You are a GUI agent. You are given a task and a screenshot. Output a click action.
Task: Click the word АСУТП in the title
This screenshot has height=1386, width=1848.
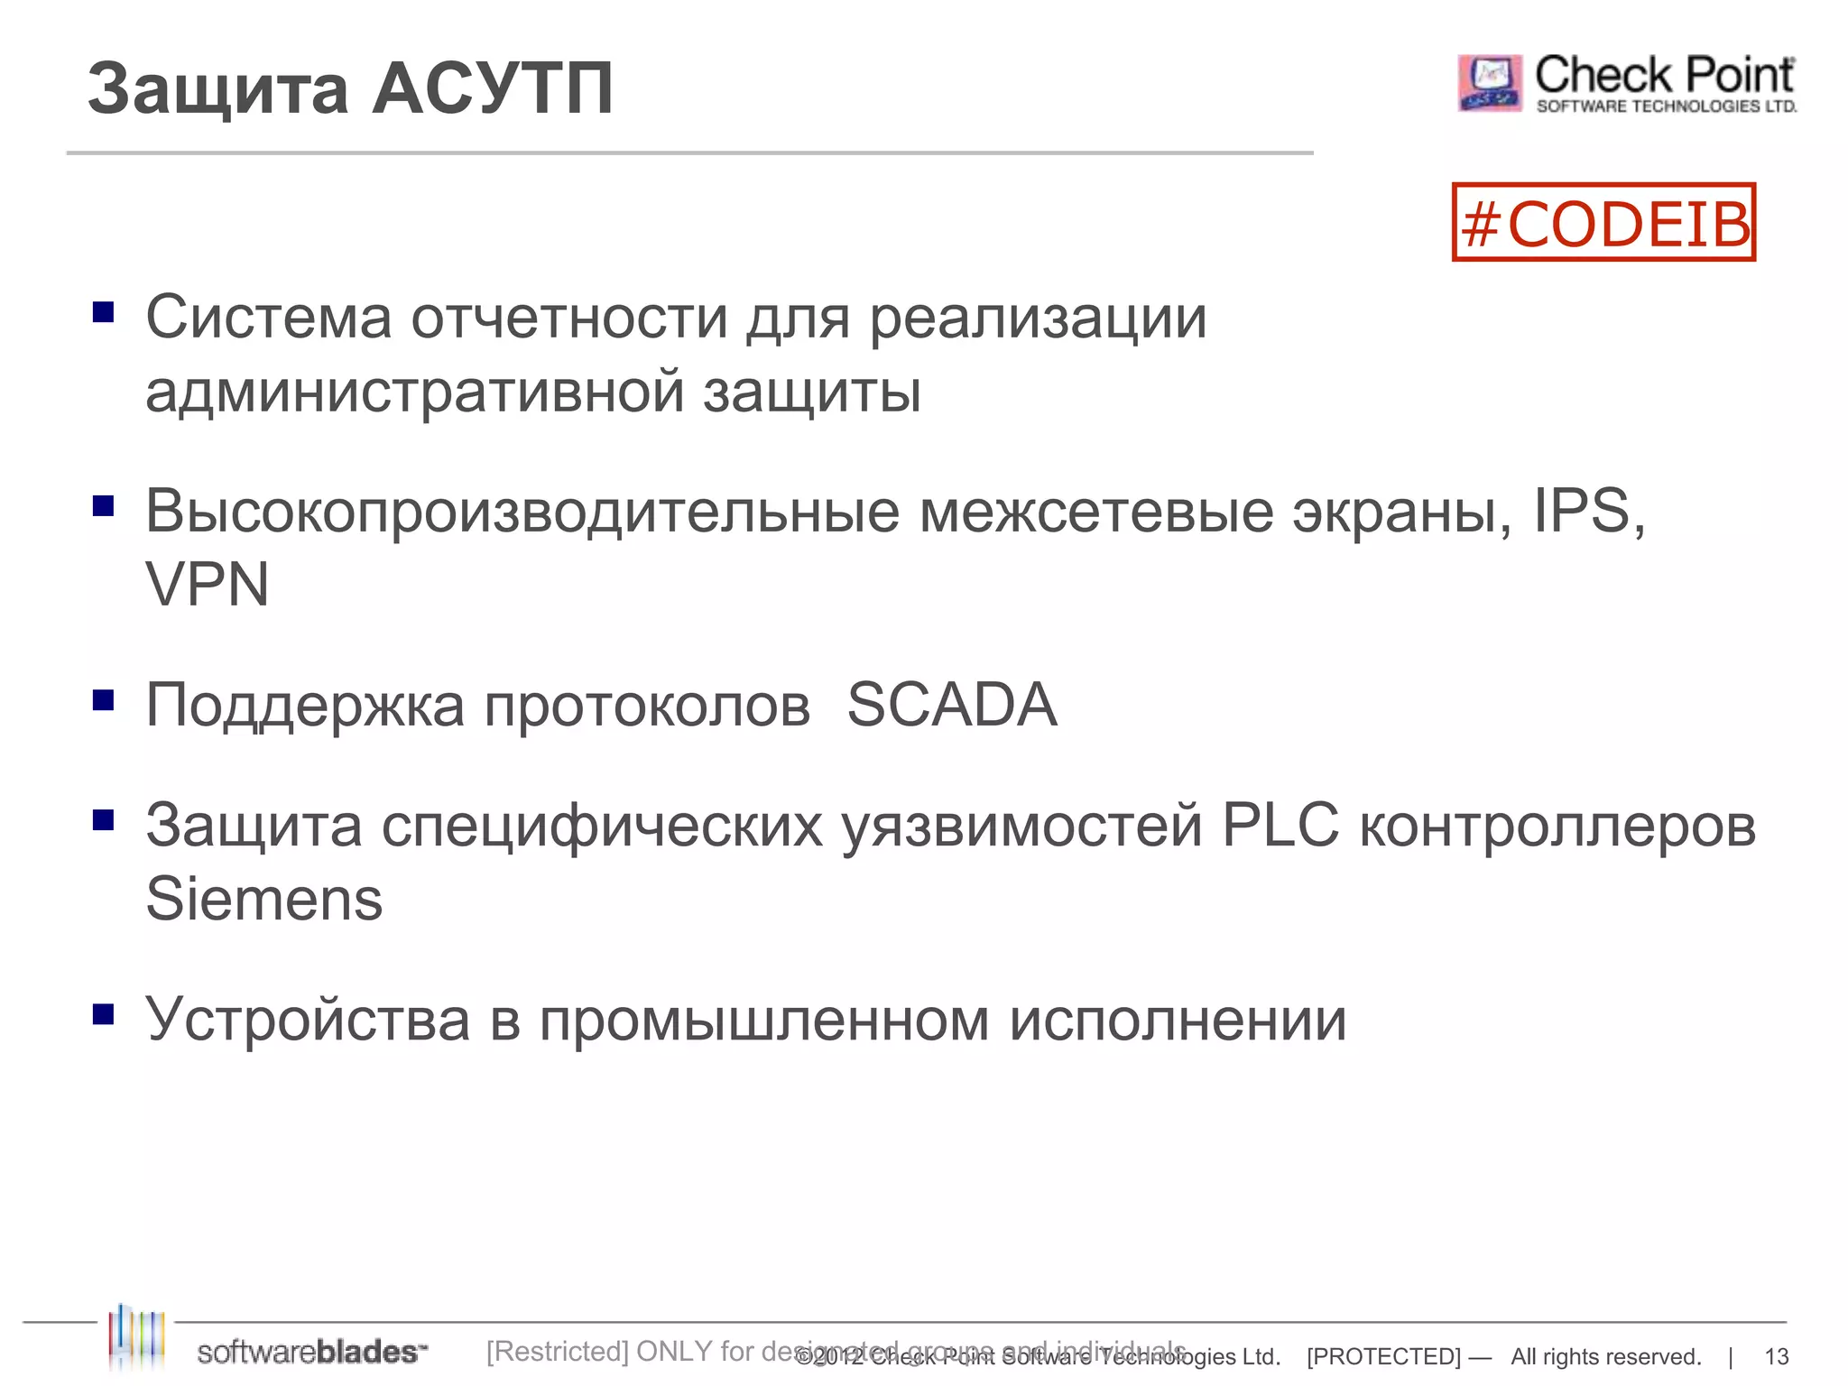[493, 88]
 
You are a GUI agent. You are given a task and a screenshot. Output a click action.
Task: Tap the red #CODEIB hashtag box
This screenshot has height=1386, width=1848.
[1603, 223]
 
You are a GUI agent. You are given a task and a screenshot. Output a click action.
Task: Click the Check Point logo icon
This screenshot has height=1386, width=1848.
[1490, 83]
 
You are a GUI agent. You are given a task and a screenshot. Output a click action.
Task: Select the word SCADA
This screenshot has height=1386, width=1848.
[951, 705]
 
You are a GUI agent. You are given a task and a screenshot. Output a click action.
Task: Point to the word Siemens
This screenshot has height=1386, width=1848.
[264, 900]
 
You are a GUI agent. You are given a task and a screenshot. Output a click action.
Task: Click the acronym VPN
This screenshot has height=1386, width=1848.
[208, 585]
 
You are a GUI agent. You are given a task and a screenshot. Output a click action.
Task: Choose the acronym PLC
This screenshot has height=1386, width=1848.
[1280, 825]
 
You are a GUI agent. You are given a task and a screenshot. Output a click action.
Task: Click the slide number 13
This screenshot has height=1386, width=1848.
[1776, 1356]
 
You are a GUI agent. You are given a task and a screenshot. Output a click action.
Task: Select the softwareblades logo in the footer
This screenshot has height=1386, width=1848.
[271, 1345]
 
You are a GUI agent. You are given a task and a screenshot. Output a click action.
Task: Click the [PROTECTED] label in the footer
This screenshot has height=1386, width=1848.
[1383, 1356]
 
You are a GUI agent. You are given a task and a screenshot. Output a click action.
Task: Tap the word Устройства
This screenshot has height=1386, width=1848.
[308, 1020]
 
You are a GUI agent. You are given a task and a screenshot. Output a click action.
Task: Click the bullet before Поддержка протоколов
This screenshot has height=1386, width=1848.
[104, 700]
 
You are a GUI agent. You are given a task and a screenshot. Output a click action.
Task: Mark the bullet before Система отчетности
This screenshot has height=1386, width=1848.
[104, 312]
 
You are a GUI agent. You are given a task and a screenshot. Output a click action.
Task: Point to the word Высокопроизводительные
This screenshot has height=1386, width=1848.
[522, 512]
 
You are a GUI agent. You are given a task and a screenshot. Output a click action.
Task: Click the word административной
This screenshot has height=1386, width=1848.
[415, 393]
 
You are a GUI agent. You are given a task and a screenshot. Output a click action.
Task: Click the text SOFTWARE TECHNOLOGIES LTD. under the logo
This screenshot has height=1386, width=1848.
[1666, 106]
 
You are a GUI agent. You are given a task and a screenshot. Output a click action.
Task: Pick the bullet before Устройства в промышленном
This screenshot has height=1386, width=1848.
[104, 1015]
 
